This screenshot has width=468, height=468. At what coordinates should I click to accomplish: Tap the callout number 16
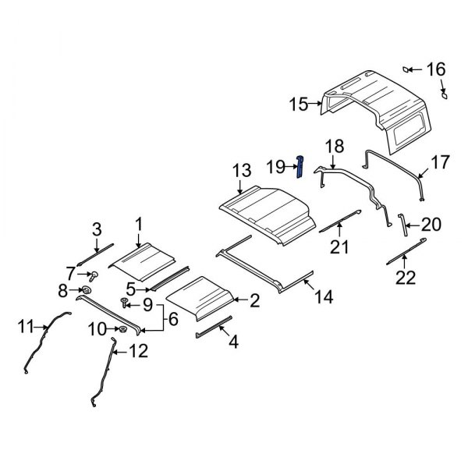435,69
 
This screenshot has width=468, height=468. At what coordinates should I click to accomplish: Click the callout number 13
241,170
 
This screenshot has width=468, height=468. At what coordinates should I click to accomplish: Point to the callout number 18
334,146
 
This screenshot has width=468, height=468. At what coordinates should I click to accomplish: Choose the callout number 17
441,162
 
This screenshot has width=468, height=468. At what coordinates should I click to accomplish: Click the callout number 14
324,296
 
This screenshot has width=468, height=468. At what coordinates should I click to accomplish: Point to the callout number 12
137,352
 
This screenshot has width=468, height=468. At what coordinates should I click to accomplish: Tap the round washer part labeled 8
87,291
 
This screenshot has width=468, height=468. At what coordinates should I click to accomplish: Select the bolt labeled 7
93,275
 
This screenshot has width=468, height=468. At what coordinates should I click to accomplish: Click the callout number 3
97,229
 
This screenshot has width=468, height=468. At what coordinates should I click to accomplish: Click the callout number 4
231,341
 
